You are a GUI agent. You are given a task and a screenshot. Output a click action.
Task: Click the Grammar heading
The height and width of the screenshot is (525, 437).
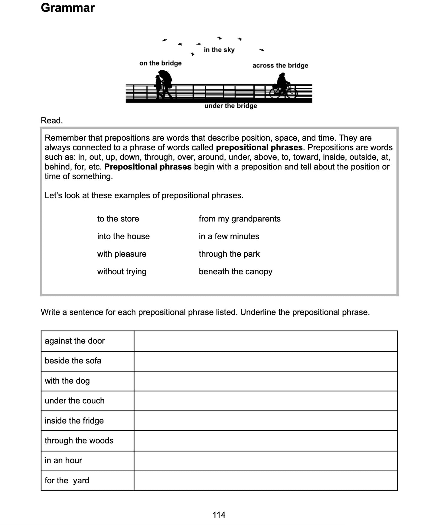68,8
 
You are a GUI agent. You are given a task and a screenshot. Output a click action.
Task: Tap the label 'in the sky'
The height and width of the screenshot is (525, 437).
219,50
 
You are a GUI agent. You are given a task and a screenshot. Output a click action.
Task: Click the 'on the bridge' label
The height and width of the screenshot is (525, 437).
160,63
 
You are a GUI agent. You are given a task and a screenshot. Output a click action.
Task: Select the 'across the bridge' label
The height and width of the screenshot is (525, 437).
280,66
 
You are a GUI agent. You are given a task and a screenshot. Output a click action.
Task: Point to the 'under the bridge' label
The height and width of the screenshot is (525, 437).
230,106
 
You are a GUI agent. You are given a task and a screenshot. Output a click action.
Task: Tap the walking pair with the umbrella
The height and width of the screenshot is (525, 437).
163,84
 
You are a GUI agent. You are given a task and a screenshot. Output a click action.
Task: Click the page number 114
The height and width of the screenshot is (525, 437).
219,514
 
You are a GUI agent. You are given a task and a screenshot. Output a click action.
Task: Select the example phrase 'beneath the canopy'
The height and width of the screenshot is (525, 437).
235,272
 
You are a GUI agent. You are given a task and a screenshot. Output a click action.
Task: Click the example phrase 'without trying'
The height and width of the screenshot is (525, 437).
122,272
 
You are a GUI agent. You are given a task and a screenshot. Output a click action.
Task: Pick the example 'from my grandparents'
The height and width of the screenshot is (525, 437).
240,219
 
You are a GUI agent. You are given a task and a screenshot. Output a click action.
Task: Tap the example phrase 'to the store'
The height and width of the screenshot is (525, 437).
118,219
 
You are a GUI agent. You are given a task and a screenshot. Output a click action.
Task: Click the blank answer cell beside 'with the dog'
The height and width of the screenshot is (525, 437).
266,381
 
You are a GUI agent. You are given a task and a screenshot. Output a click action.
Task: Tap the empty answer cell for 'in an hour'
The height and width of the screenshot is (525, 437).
266,461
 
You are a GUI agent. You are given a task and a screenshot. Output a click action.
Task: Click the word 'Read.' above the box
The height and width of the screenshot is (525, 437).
52,121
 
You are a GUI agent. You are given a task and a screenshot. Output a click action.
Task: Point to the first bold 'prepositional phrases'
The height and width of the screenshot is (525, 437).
259,147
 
